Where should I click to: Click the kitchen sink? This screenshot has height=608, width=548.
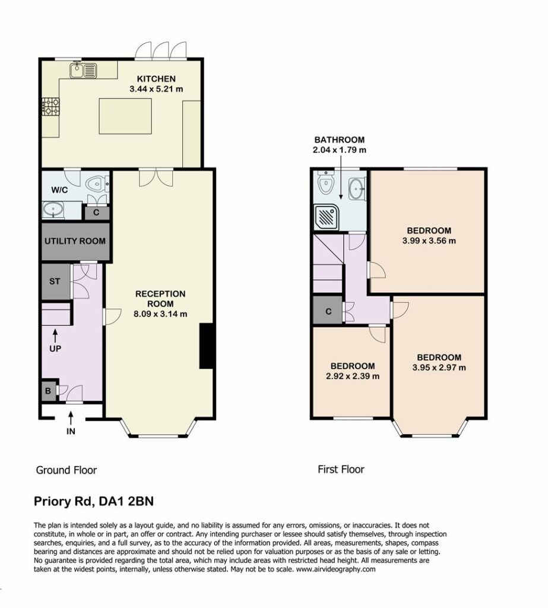(x=83, y=70)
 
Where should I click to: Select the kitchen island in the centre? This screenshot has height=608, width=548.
(x=125, y=116)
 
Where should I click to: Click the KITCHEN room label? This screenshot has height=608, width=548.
(x=156, y=79)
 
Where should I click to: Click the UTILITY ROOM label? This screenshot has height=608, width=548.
(x=75, y=241)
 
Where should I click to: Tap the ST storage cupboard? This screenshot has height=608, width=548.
(x=55, y=281)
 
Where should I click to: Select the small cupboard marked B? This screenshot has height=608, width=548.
(x=48, y=391)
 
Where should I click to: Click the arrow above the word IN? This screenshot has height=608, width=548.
(x=71, y=419)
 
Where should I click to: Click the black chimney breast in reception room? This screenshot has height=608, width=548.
(x=207, y=346)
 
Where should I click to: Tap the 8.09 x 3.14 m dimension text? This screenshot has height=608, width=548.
(x=160, y=314)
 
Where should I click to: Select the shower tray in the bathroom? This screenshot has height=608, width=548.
(x=324, y=216)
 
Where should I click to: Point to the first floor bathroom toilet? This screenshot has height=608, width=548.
(x=325, y=183)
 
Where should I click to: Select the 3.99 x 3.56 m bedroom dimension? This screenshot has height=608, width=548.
(x=429, y=241)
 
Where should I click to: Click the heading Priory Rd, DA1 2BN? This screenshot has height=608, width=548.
(x=94, y=501)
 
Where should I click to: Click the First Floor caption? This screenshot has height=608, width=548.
(x=341, y=470)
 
